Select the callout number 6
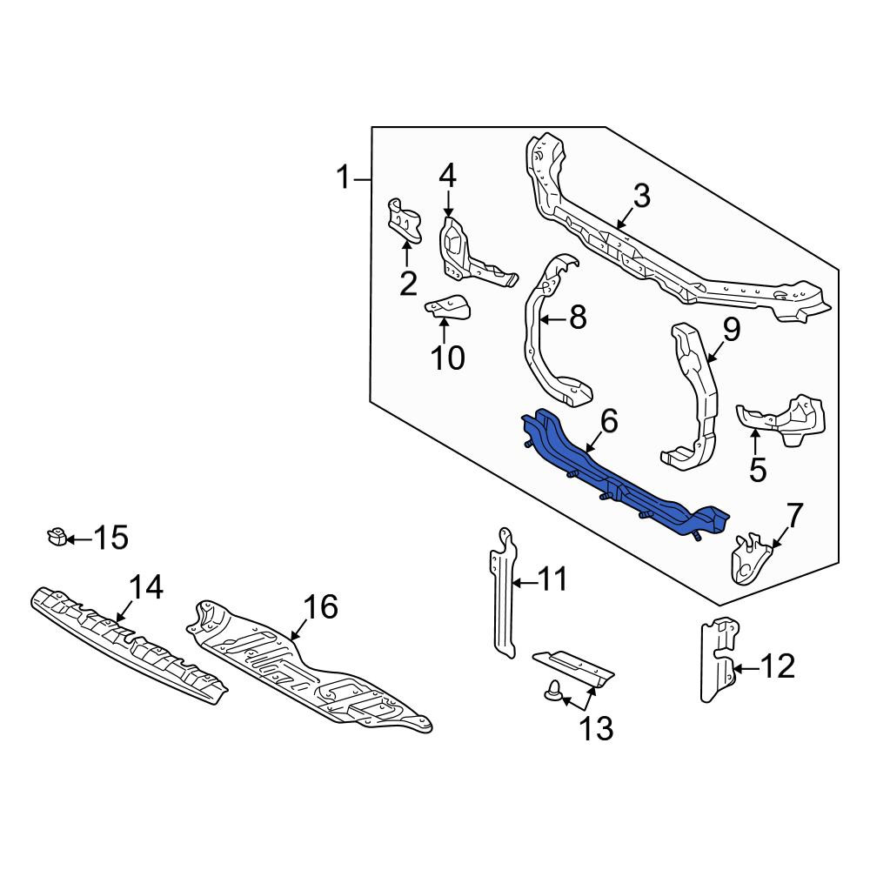pos(609,422)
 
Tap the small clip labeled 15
pos(56,536)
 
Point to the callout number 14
pos(146,587)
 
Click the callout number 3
pos(641,197)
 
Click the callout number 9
pos(732,330)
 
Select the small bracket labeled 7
pos(752,560)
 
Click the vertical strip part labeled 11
pos(504,592)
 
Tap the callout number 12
pos(778,666)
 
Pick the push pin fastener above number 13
pos(553,690)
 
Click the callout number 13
pos(597,728)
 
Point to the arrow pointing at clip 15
pos(79,539)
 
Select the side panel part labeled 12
pos(719,659)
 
